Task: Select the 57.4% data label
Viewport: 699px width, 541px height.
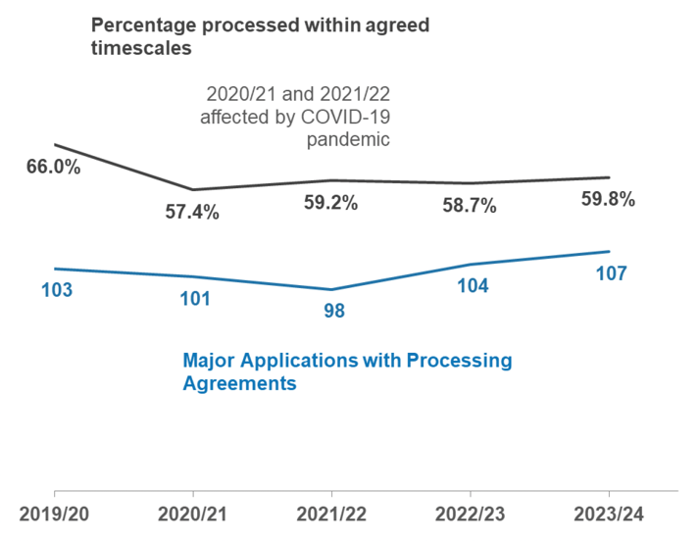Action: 192,211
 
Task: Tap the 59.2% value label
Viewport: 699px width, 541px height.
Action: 330,204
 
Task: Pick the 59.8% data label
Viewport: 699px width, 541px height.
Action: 608,200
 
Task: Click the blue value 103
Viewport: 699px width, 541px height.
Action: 57,290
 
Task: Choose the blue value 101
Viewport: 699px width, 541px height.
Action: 194,299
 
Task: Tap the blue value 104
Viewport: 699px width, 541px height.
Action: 473,286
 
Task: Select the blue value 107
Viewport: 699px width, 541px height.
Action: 611,273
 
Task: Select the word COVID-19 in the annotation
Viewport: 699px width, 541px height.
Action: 350,118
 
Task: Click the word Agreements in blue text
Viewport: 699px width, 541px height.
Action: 239,384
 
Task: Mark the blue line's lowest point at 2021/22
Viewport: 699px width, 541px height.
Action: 331,289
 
